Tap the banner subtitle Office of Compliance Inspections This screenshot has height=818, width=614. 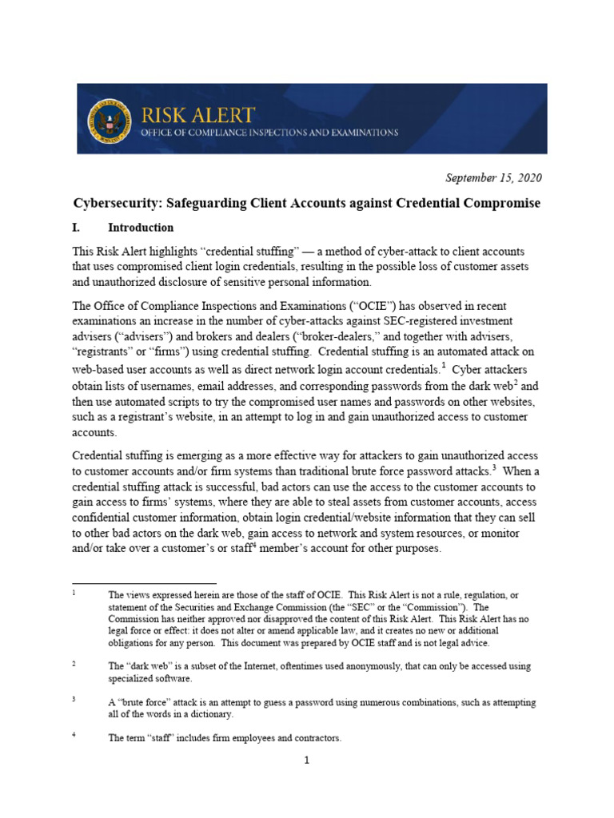(x=269, y=133)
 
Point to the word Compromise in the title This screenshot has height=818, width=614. (x=504, y=203)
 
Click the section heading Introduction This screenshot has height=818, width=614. (x=141, y=228)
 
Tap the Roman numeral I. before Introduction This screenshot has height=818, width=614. (x=78, y=228)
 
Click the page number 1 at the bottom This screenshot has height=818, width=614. (x=306, y=760)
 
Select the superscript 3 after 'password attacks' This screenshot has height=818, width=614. (x=495, y=467)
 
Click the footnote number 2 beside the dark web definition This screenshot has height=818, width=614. (x=74, y=664)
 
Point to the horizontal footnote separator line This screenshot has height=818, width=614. (x=144, y=583)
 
